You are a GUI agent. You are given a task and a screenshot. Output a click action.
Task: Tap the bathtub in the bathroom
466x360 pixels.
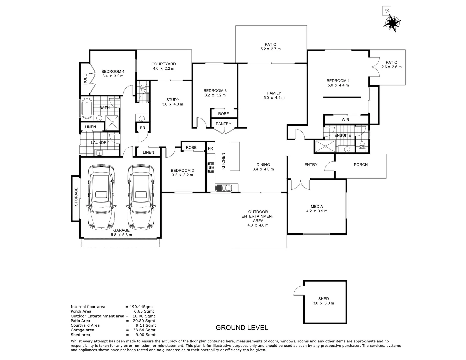point(86,109)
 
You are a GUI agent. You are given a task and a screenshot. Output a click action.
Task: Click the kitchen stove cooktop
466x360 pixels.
point(211,167)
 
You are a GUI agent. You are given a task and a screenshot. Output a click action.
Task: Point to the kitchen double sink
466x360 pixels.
point(224,188)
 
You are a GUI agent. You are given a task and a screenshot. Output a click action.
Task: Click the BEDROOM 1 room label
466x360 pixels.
point(338,81)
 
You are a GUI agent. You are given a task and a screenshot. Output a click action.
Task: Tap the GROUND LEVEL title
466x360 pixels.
point(242,327)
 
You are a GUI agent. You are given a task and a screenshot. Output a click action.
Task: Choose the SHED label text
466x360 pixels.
point(323,299)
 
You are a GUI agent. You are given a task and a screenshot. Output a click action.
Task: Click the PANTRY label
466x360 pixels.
point(223,124)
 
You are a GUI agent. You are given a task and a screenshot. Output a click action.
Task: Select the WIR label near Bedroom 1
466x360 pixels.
point(345,120)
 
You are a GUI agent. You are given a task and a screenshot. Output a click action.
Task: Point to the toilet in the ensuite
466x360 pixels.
point(362,146)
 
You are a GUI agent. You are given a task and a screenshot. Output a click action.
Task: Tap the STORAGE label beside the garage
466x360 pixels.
point(76,197)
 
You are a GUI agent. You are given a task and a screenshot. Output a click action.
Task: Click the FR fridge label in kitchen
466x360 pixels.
point(210,148)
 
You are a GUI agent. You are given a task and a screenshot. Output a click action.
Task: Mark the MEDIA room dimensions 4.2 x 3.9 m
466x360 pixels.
point(317,211)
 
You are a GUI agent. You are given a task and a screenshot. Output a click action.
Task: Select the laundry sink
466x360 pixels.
point(99,153)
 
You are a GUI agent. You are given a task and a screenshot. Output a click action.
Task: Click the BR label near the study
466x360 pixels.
point(142,128)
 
